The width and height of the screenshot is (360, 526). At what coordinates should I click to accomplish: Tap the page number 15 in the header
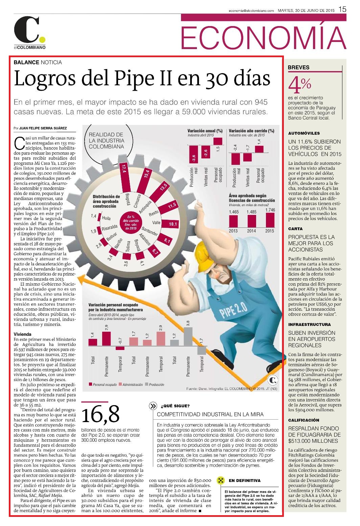pyautogui.click(x=342, y=9)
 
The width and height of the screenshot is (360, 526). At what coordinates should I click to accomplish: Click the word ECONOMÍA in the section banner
pyautogui.click(x=264, y=38)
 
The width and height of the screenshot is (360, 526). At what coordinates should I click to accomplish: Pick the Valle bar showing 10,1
pyautogui.click(x=171, y=224)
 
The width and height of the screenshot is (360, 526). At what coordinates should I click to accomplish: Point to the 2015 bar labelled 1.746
pyautogui.click(x=270, y=220)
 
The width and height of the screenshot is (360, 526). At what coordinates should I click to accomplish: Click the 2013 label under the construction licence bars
pyautogui.click(x=233, y=231)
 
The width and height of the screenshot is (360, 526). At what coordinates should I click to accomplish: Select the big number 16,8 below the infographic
pyautogui.click(x=100, y=415)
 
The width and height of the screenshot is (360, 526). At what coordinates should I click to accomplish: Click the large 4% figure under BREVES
pyautogui.click(x=299, y=85)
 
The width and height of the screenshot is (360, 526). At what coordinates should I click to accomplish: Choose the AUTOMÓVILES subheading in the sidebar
pyautogui.click(x=304, y=133)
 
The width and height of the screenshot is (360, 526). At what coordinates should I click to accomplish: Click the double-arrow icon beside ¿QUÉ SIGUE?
pyautogui.click(x=153, y=406)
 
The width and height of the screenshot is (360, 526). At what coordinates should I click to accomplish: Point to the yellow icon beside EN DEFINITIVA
pyautogui.click(x=221, y=480)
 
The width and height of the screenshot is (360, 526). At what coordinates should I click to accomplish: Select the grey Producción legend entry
pyautogui.click(x=155, y=385)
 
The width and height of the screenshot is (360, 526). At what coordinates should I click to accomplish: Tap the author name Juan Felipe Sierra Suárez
pyautogui.click(x=43, y=128)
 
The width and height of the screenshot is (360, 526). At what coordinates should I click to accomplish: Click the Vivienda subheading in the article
pyautogui.click(x=22, y=334)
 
